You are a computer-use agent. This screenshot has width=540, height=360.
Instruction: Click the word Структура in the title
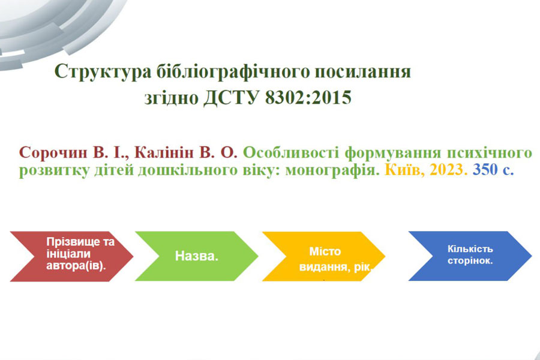103,72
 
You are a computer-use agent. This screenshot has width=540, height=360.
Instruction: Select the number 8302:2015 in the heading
308,97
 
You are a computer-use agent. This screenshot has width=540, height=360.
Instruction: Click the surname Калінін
164,152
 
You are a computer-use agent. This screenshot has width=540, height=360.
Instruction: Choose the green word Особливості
291,153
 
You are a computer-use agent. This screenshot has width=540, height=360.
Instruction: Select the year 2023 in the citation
448,170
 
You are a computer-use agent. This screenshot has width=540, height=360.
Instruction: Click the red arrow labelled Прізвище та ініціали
71,256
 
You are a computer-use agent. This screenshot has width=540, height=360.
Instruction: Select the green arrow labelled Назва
197,256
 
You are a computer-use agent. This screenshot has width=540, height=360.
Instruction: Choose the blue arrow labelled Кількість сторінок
470,256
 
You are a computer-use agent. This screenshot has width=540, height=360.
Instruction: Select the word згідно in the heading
171,98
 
